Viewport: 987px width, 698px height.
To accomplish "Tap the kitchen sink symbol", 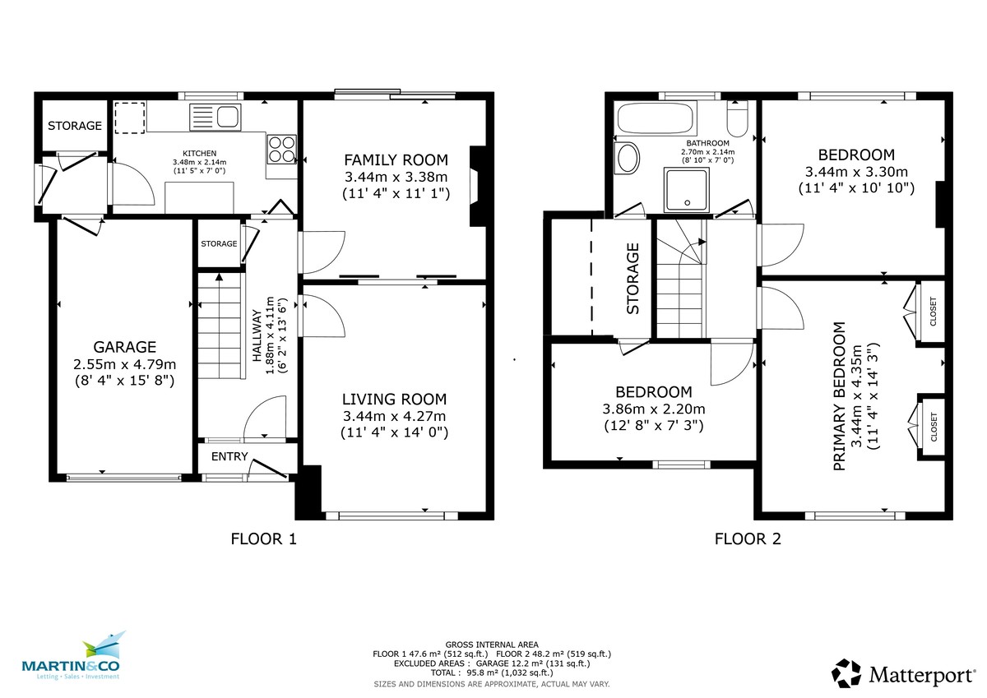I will tap(215, 116).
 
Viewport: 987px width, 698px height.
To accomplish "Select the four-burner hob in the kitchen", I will tap(281, 150).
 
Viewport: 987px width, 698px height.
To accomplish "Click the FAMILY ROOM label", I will tap(395, 159).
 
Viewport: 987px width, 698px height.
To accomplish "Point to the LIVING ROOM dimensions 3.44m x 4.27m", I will tap(395, 416).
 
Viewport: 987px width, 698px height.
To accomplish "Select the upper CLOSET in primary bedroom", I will tap(932, 311).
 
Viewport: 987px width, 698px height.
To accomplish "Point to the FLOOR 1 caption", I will tap(262, 539).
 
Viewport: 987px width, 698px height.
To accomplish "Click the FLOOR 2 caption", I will tap(748, 539).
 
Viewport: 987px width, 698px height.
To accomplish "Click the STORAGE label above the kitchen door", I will tap(74, 126).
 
